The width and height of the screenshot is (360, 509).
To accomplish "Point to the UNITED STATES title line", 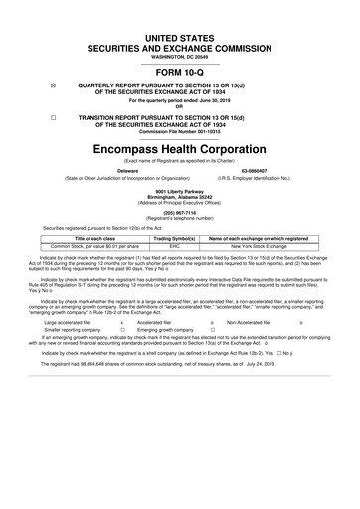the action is (x=180, y=36).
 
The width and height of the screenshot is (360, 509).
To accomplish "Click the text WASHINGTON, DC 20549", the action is (x=180, y=55).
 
